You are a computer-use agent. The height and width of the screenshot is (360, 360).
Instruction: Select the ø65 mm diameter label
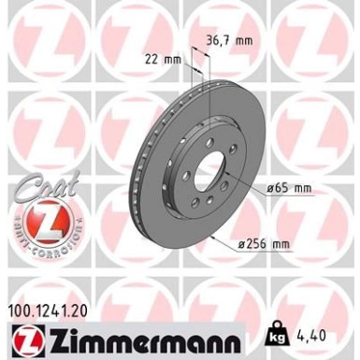click(288, 189)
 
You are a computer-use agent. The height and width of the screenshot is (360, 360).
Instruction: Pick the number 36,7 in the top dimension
click(217, 41)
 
